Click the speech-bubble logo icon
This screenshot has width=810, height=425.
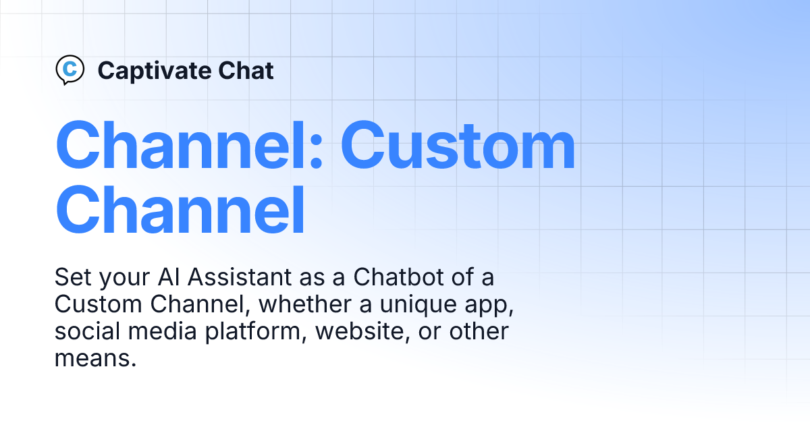(70, 69)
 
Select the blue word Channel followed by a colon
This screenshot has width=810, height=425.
(190, 145)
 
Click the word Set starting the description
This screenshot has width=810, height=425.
(73, 277)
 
